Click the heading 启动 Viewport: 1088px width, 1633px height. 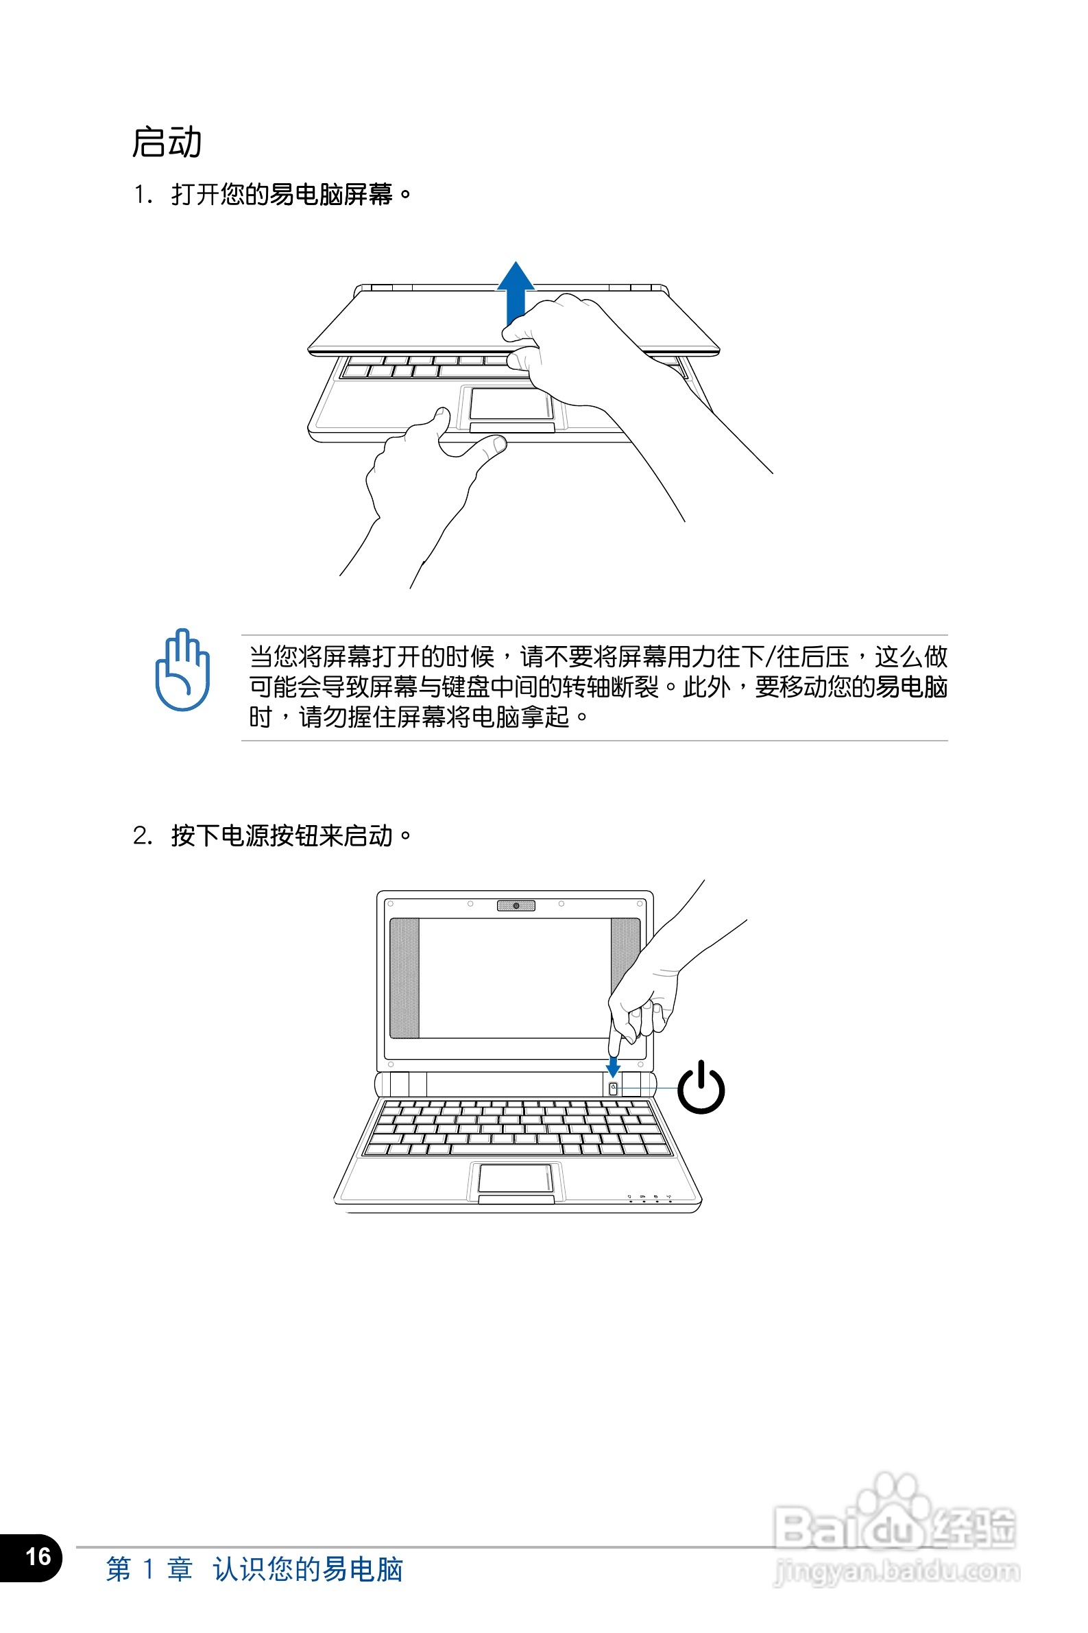pos(167,142)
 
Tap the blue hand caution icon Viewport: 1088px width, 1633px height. pos(182,669)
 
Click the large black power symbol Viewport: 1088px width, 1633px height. pos(701,1087)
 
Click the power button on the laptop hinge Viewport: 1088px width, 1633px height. pos(613,1089)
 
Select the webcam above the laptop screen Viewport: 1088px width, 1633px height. pos(516,906)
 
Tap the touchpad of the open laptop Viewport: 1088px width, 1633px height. pos(516,1178)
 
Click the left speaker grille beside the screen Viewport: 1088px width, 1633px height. pos(404,978)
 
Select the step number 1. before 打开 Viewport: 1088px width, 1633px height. pos(143,195)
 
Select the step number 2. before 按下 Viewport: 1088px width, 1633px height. pos(143,835)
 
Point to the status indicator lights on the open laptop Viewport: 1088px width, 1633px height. pos(649,1199)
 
